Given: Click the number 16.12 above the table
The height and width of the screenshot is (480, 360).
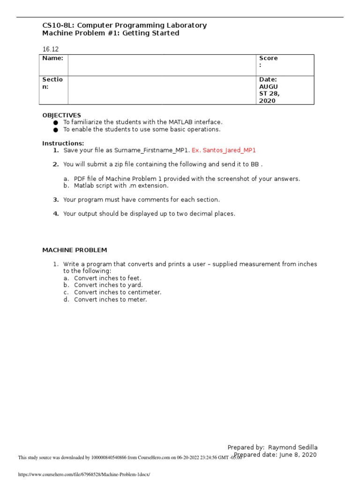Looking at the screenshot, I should tap(51, 49).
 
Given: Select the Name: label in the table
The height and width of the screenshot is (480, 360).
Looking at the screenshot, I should tap(52, 58).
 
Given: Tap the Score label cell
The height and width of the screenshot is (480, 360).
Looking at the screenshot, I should tap(268, 61).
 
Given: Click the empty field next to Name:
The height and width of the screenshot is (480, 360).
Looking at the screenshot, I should tap(162, 65).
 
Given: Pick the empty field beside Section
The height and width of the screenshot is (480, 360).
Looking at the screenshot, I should tap(162, 90).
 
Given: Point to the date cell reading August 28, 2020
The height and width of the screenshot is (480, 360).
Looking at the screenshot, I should tap(268, 90).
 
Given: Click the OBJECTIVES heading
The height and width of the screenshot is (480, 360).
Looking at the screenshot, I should tap(61, 115).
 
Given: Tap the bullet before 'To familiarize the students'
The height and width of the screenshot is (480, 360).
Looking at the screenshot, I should tap(56, 122).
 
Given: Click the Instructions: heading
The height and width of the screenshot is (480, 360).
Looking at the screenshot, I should tap(63, 143).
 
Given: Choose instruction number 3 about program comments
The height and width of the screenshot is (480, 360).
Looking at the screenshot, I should tap(141, 200).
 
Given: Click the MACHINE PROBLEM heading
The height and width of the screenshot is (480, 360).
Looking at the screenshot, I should tap(75, 250).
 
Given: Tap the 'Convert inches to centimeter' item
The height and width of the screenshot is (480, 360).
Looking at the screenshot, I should tap(117, 292).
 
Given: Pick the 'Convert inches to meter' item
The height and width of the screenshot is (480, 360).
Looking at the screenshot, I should tap(110, 300).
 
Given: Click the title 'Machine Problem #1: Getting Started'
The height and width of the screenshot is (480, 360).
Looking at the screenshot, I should tap(111, 33).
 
